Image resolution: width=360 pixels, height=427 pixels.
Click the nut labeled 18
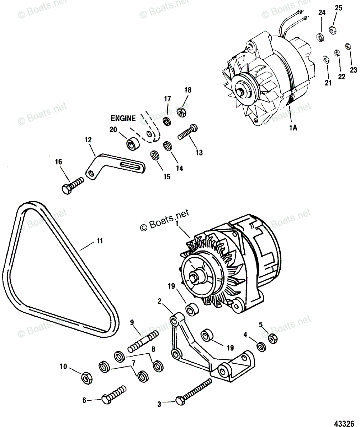click(x=181, y=112)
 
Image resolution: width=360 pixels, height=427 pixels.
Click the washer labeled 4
click(x=261, y=346)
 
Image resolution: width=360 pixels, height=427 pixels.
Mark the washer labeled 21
click(x=325, y=59)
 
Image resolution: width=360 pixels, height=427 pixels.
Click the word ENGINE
click(x=123, y=118)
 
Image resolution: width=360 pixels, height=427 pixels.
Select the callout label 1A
click(x=293, y=129)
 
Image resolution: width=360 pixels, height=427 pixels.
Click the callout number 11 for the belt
click(x=99, y=241)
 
